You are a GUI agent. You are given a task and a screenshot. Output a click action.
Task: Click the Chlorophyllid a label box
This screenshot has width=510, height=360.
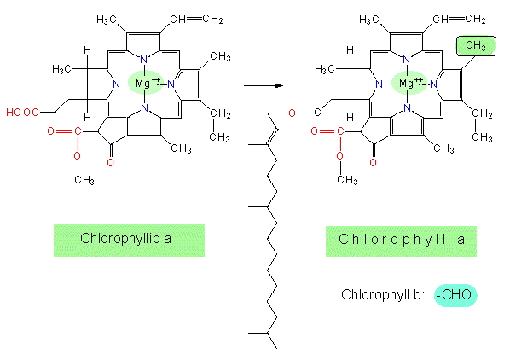(129, 240)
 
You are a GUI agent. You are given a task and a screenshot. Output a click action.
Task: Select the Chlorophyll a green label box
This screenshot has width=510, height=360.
(401, 241)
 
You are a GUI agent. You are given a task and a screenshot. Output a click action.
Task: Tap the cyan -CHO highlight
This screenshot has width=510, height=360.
(455, 295)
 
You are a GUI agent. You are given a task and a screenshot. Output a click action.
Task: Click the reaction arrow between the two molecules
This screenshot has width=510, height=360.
(264, 85)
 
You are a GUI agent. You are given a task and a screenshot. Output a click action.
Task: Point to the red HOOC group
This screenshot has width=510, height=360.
(22, 113)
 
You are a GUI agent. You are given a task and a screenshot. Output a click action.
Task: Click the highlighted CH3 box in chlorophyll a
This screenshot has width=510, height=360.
(476, 46)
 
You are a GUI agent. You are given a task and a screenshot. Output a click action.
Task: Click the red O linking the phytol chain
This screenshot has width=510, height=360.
(292, 113)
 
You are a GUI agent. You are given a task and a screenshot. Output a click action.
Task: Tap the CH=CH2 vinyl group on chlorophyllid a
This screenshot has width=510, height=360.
(196, 20)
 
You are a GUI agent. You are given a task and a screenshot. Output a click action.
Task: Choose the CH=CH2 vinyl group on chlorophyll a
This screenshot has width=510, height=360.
(459, 20)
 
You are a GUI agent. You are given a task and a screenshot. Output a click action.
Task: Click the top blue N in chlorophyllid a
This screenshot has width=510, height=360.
(143, 60)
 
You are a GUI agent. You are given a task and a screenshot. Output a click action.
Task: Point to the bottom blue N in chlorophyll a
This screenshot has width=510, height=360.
(407, 108)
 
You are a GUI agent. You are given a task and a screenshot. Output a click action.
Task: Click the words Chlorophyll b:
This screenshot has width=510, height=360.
(383, 294)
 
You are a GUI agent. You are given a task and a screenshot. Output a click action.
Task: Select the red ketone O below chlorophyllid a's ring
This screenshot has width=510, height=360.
(111, 163)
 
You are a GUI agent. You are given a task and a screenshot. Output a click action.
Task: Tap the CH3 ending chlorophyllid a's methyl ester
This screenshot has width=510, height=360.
(84, 180)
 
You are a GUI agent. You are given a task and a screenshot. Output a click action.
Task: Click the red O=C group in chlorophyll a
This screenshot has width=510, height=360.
(327, 131)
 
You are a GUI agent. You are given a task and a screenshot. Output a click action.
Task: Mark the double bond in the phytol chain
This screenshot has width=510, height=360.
(273, 136)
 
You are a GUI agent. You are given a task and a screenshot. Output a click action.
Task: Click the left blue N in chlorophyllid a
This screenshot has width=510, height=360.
(116, 84)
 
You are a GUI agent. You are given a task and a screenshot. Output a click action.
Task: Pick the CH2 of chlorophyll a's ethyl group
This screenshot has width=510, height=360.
(482, 113)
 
